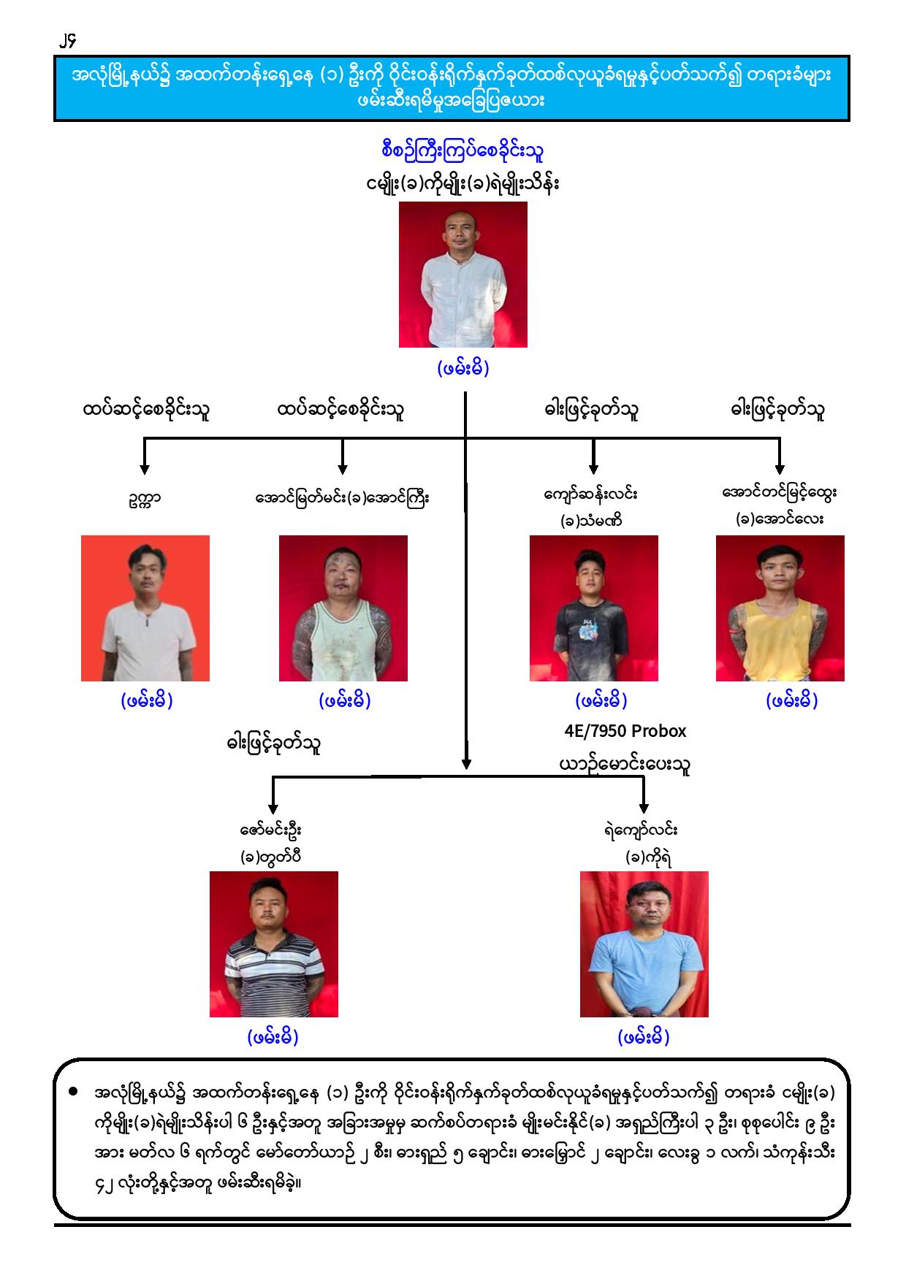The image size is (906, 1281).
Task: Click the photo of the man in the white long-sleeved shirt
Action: coord(462,275)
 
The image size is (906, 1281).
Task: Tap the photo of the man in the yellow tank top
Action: coord(780,608)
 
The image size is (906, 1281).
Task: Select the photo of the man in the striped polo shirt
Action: coord(274,944)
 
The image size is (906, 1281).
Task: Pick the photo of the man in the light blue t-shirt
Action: coord(644,944)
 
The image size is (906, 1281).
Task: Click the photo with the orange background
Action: coord(145,608)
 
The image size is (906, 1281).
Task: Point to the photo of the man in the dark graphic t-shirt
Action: coord(594,608)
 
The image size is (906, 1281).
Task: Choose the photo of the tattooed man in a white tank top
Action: coord(343,608)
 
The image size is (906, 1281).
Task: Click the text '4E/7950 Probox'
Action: coord(625,731)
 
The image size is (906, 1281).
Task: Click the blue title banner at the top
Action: coord(452,88)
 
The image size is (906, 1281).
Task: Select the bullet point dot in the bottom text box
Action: coord(72,1093)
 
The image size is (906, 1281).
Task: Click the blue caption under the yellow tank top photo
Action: coord(792,700)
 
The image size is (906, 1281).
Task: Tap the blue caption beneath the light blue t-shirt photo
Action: coord(644,1036)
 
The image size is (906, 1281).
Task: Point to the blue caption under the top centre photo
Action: coord(463,368)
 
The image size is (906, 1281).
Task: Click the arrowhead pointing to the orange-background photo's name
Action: coord(145,469)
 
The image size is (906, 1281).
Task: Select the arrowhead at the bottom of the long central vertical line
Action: coord(465,763)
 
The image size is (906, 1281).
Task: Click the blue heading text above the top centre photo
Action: coord(462,152)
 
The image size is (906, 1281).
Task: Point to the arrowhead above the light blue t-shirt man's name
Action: coord(644,807)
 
